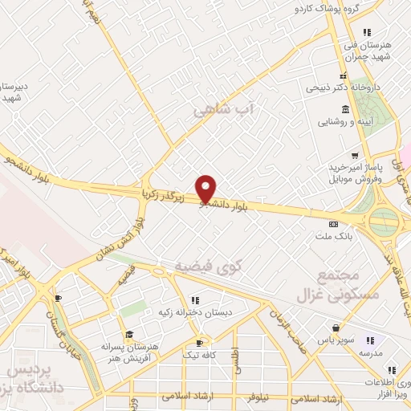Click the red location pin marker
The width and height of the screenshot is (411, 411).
tap(206, 189)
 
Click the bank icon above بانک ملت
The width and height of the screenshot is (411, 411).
tap(334, 224)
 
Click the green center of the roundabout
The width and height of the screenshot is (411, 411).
tap(385, 219)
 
